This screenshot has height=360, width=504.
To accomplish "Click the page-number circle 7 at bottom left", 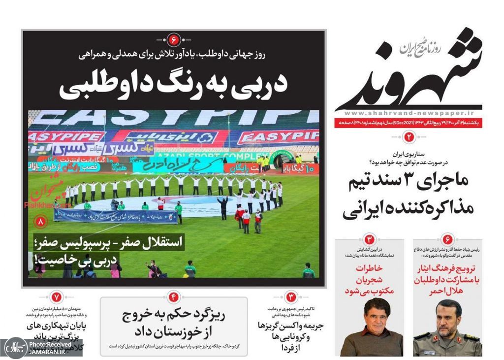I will coord(56,297).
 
